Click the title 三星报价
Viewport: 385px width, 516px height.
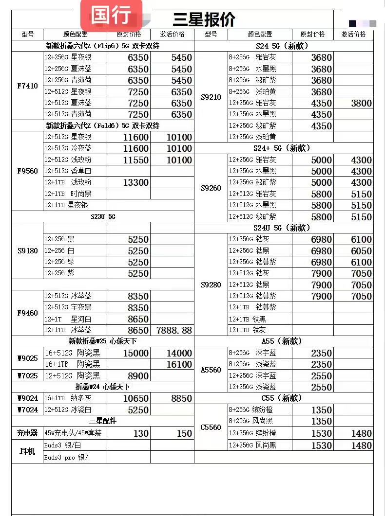click(204, 19)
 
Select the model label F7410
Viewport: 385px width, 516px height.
click(27, 86)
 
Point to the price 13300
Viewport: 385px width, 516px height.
click(136, 182)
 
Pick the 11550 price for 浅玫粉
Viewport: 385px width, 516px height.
click(136, 160)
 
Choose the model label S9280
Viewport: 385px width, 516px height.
click(211, 285)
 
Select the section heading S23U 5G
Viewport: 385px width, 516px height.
click(103, 216)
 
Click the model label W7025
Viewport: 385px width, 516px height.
click(27, 376)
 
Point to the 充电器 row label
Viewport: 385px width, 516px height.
click(27, 433)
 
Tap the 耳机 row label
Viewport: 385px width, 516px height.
click(27, 451)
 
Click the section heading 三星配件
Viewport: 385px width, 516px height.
click(103, 421)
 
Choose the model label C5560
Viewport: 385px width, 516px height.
click(211, 427)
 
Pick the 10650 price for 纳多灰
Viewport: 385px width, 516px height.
click(136, 398)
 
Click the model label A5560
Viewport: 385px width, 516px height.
click(211, 370)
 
